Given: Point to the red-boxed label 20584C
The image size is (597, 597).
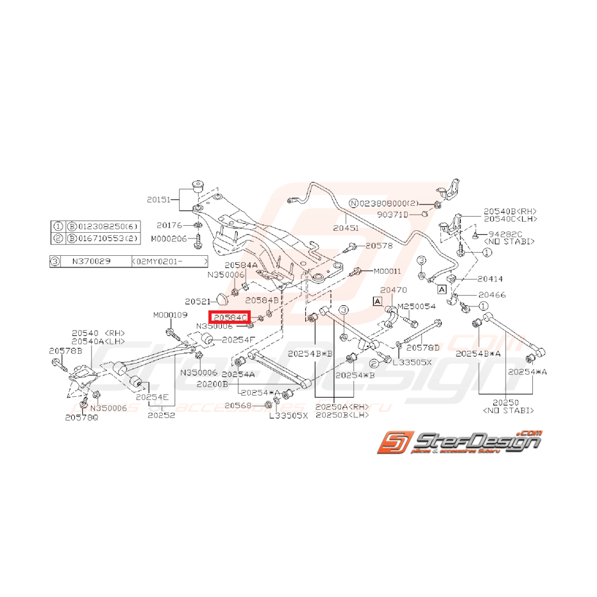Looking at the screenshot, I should (x=230, y=317).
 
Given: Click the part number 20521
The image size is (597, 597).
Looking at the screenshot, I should (x=197, y=301).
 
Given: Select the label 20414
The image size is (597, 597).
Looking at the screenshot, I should (x=490, y=279).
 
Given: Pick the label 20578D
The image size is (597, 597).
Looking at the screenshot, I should (x=423, y=347).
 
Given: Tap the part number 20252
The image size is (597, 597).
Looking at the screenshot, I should (x=161, y=415).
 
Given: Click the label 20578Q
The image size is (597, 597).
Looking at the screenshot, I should (x=81, y=417).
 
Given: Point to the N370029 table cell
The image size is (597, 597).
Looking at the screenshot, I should (x=91, y=262).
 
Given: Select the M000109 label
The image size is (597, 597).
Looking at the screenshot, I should (x=170, y=315).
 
